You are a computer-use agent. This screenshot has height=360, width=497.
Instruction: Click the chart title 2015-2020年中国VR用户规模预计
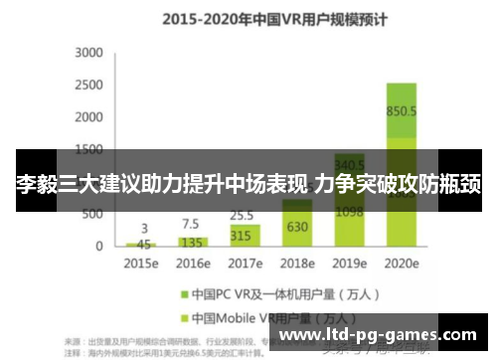pyautogui.click(x=248, y=18)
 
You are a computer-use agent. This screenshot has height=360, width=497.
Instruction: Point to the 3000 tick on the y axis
pyautogui.click(x=89, y=53)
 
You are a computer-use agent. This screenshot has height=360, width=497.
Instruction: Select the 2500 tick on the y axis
pyautogui.click(x=89, y=85)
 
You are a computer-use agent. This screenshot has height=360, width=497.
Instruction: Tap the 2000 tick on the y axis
pyautogui.click(x=89, y=117)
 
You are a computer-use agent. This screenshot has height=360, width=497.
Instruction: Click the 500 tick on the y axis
pyautogui.click(x=92, y=213)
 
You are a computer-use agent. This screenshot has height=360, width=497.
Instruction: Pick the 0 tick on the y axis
pyautogui.click(x=98, y=246)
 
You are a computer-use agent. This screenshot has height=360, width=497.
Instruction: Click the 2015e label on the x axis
pyautogui.click(x=139, y=266)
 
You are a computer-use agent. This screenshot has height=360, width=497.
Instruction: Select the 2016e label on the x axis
pyautogui.click(x=192, y=266)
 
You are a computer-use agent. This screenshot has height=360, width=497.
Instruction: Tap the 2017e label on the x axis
pyautogui.click(x=245, y=266)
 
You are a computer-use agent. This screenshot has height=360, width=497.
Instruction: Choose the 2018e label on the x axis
pyautogui.click(x=297, y=266)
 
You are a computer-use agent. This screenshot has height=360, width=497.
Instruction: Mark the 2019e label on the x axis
pyautogui.click(x=350, y=266)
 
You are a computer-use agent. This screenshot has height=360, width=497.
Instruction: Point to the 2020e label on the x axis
pyautogui.click(x=402, y=266)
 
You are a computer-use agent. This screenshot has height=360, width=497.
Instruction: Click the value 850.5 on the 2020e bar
pyautogui.click(x=402, y=111)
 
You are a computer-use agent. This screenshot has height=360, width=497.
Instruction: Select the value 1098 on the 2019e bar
pyautogui.click(x=349, y=212)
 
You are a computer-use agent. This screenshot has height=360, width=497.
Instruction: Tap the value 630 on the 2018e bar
pyautogui.click(x=297, y=227)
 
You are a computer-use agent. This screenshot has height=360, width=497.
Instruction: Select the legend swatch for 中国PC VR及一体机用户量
pyautogui.click(x=184, y=295)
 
